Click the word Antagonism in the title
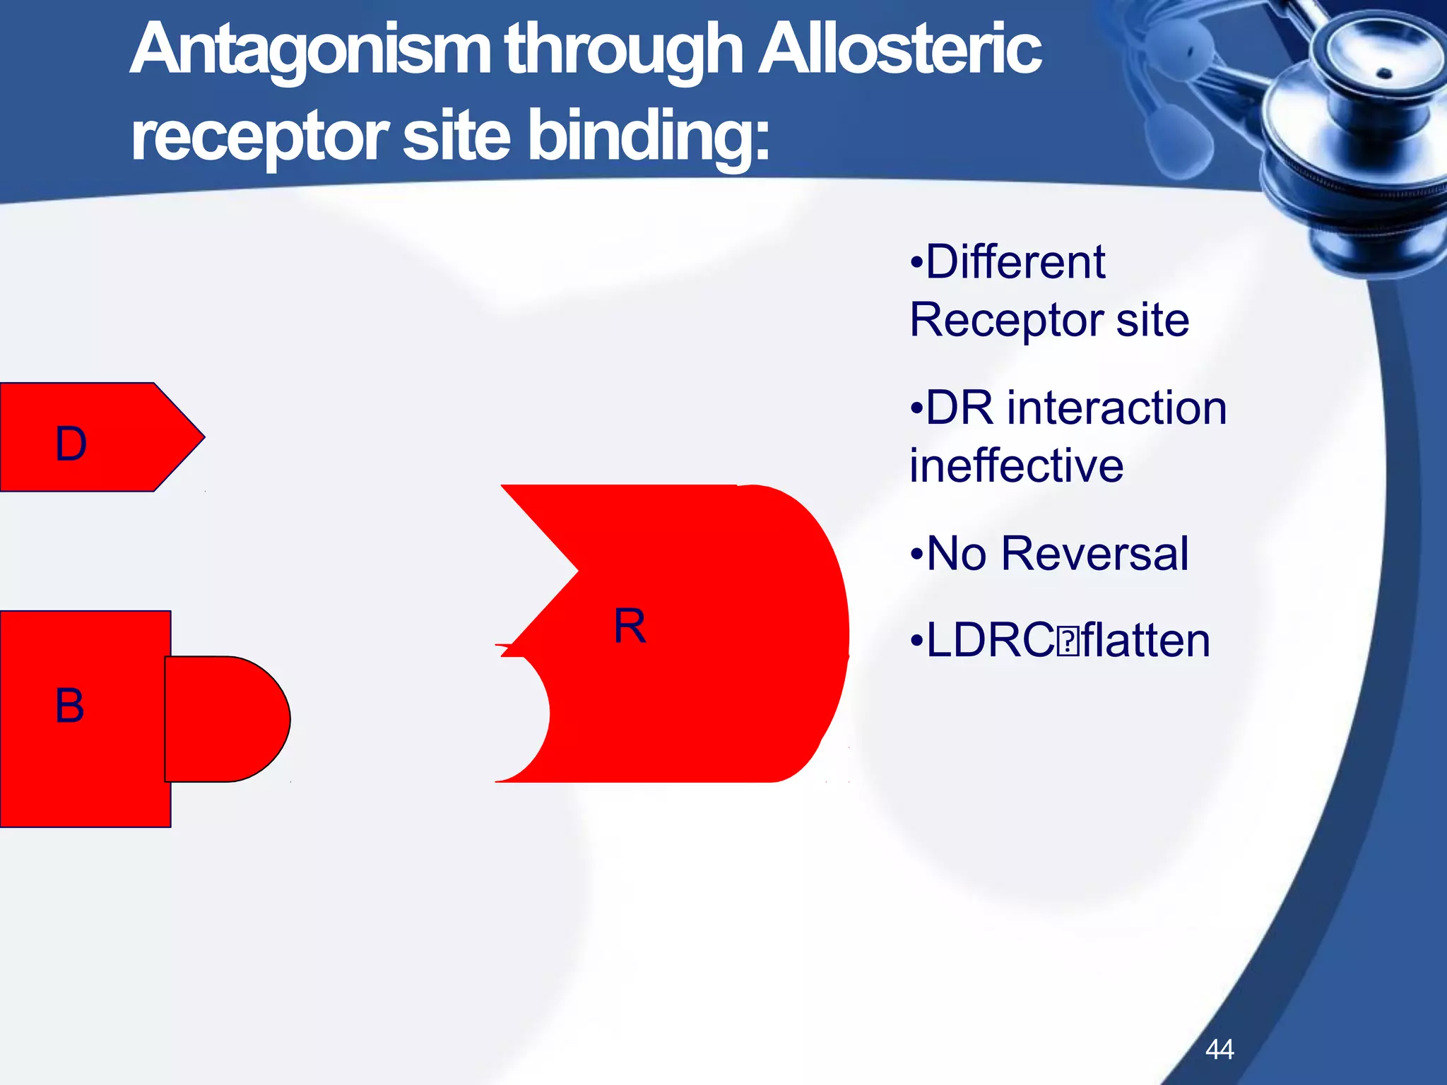tap(311, 49)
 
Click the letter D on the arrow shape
tap(71, 444)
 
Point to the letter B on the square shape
tap(69, 706)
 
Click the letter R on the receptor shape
tap(629, 627)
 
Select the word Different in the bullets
tap(1015, 262)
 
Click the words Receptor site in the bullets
tap(1049, 320)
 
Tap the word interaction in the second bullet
tap(1116, 408)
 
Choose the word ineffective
tap(1016, 466)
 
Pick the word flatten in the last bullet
tap(1145, 641)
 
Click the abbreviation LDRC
tap(990, 641)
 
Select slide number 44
tap(1219, 1049)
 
